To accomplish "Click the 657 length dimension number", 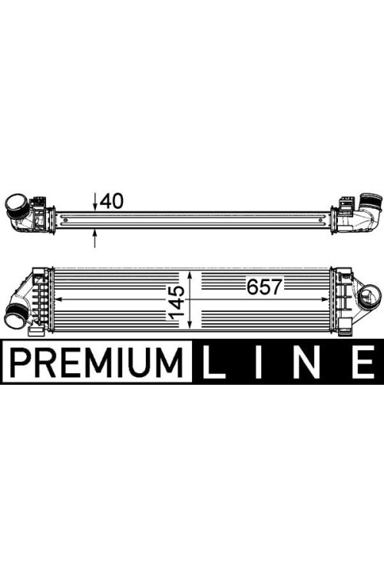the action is coord(264,287).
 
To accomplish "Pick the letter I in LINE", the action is coord(259,362).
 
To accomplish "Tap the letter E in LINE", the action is coord(363,362).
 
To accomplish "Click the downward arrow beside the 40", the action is coord(94,202).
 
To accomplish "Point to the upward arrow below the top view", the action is coord(94,238).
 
